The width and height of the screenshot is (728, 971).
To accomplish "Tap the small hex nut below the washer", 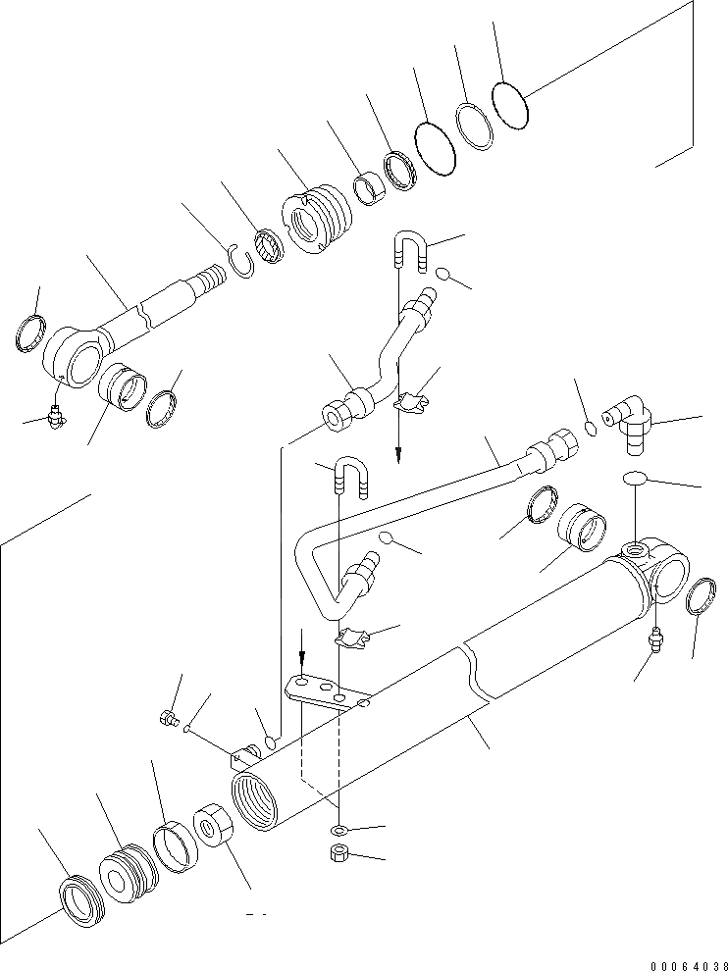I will (337, 852).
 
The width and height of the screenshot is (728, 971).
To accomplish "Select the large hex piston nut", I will (214, 824).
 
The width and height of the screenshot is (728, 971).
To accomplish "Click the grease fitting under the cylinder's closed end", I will (654, 643).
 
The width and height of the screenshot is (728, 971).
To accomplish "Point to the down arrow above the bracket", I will (303, 647).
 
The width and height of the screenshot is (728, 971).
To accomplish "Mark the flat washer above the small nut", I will (337, 832).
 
